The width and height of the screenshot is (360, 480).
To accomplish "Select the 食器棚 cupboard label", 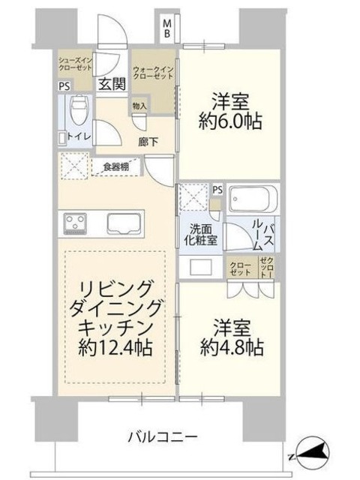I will (115, 166).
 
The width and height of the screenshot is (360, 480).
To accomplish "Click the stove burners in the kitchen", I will (76, 223).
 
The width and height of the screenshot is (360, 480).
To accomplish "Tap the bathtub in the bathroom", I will (252, 200).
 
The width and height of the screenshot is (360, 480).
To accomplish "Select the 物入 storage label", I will (139, 106).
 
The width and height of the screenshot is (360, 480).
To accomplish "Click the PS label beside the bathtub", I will (217, 190).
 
